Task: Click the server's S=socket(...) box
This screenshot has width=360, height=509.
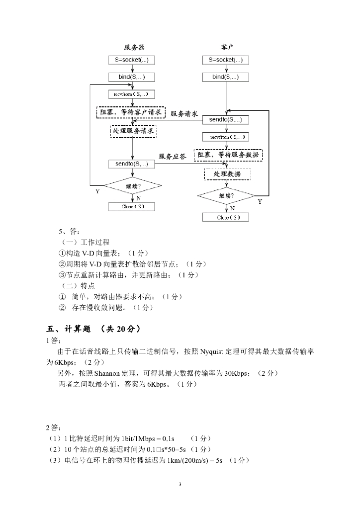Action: (x=132, y=60)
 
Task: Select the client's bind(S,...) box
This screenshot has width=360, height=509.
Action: (x=225, y=77)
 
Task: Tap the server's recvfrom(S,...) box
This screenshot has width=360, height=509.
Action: (x=132, y=93)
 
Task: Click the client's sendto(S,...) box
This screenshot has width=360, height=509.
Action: (x=225, y=120)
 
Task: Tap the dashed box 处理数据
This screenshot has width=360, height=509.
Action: (x=227, y=174)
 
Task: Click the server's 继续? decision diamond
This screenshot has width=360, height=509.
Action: (x=132, y=186)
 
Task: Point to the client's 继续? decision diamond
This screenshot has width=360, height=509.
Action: (x=226, y=196)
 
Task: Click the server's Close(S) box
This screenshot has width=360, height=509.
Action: (x=132, y=206)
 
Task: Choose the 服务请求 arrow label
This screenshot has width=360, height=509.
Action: (x=184, y=114)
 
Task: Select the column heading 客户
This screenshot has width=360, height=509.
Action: (x=227, y=47)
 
